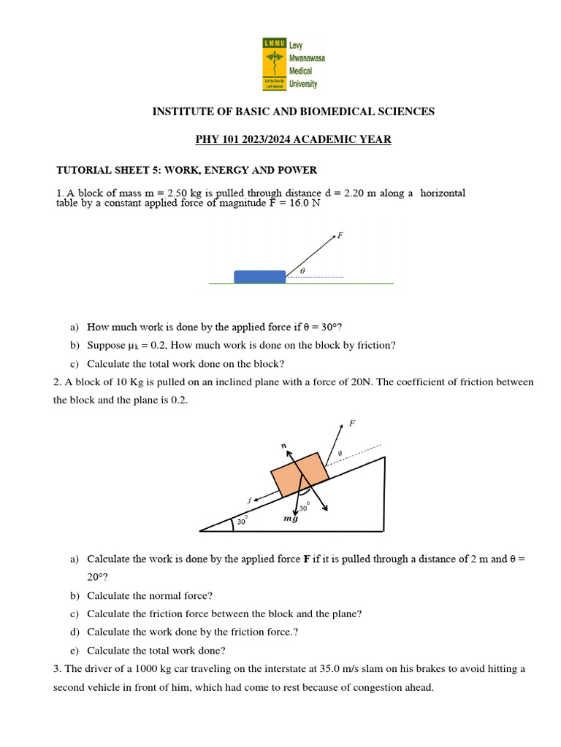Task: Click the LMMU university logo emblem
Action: click(x=275, y=64)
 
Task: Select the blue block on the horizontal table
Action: click(x=259, y=276)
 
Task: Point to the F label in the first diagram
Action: click(x=340, y=235)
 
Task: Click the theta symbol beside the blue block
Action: click(x=302, y=271)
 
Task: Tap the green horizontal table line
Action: click(x=343, y=283)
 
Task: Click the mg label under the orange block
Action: click(x=291, y=519)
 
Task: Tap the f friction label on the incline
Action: click(x=249, y=500)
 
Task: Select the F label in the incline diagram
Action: click(x=353, y=422)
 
